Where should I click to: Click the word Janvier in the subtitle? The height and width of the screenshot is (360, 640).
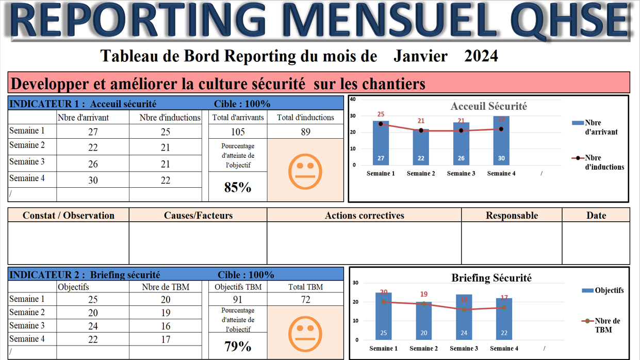click(420, 56)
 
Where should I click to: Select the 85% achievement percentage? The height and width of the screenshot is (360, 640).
click(238, 187)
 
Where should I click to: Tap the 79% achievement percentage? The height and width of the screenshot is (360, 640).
click(238, 346)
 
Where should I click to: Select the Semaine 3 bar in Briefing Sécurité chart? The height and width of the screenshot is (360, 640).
click(464, 317)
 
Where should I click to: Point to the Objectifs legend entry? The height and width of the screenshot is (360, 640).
click(603, 290)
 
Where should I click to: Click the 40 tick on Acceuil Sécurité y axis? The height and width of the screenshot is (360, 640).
click(353, 99)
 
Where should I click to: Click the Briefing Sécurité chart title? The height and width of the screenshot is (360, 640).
click(491, 278)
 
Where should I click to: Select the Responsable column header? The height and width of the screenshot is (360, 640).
click(512, 216)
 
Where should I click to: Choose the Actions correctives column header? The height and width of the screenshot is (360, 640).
click(364, 216)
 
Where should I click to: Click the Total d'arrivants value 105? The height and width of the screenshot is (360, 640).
click(238, 132)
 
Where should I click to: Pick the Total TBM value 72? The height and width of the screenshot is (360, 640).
click(305, 300)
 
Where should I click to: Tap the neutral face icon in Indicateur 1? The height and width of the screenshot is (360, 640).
click(305, 171)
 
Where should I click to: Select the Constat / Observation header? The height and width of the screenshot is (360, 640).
click(69, 216)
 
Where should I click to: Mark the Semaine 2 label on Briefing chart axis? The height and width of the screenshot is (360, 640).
click(423, 349)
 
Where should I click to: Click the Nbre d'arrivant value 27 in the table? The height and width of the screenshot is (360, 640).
click(93, 132)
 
